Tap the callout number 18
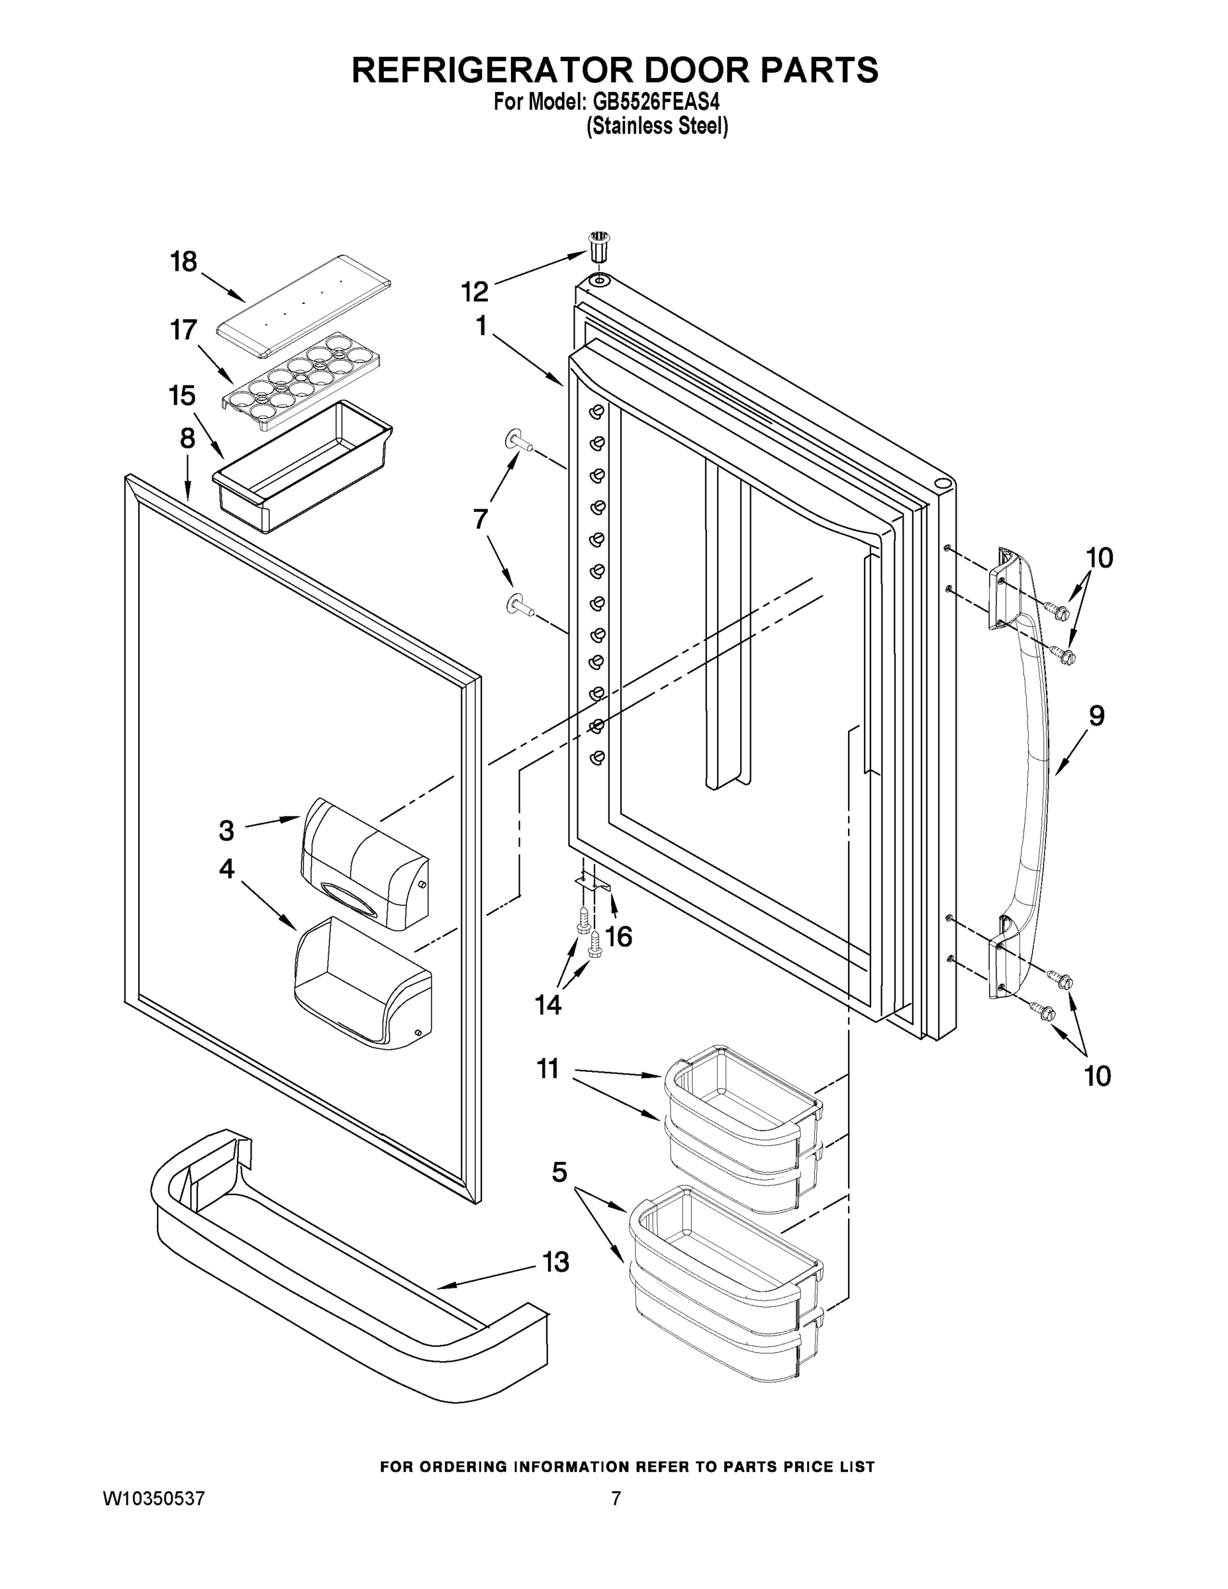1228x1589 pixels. tap(183, 262)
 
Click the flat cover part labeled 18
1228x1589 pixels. tap(303, 306)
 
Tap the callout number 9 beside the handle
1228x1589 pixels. tap(1096, 716)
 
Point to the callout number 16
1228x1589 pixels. tap(619, 937)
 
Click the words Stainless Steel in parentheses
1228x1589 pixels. tap(657, 126)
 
